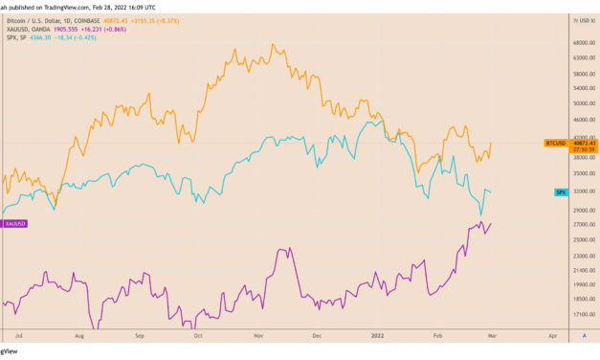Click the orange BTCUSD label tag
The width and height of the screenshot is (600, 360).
click(554, 143)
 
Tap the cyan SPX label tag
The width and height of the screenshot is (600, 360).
click(563, 192)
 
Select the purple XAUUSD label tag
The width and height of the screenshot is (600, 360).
click(14, 223)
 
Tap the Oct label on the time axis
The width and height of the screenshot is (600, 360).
click(198, 337)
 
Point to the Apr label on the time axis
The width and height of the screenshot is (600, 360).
click(553, 337)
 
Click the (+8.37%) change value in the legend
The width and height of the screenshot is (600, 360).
click(168, 19)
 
